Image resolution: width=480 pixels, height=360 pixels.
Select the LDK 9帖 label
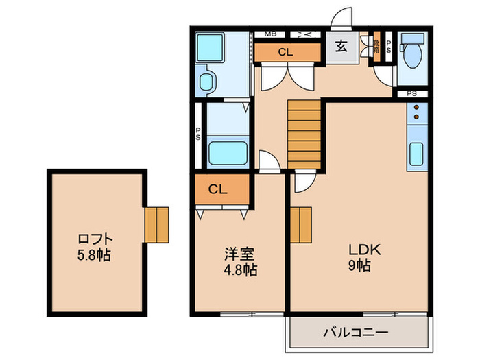[357, 257]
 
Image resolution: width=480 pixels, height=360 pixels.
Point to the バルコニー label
[356, 333]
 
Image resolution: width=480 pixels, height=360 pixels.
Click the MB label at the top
[270, 33]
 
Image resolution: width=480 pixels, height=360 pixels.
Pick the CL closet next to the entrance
[287, 52]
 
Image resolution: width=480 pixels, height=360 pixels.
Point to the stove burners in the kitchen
[416, 112]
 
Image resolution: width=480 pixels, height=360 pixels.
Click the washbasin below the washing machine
[206, 82]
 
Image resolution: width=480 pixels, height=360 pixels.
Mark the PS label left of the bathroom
[198, 134]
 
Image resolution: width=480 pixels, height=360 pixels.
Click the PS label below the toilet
[412, 93]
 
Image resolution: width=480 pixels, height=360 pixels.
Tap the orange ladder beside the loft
[156, 224]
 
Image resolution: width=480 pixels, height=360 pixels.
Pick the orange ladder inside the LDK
[300, 225]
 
